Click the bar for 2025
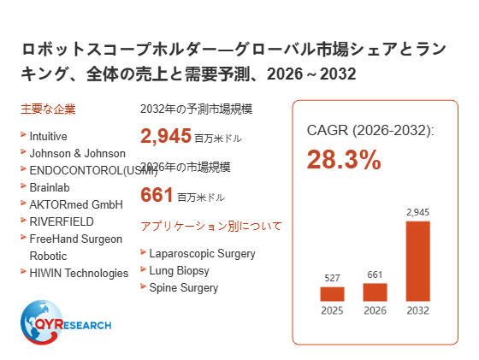click(x=332, y=294)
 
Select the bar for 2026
click(x=375, y=292)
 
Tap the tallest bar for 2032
click(x=418, y=261)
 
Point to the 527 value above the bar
click(x=332, y=278)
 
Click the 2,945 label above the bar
click(x=418, y=212)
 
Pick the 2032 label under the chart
click(x=418, y=310)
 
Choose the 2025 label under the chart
click(x=332, y=310)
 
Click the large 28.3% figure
click(x=344, y=159)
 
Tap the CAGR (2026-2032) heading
click(x=370, y=130)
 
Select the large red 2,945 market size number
click(x=166, y=136)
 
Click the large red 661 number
click(x=157, y=194)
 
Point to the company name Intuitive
click(x=48, y=136)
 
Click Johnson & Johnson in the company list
click(x=78, y=153)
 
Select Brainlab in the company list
click(x=50, y=187)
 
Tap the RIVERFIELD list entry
click(x=62, y=221)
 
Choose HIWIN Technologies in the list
click(x=79, y=273)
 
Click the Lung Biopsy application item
click(x=180, y=271)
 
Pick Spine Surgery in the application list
click(x=184, y=288)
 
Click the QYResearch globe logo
click(x=66, y=322)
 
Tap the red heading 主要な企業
click(x=48, y=109)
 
